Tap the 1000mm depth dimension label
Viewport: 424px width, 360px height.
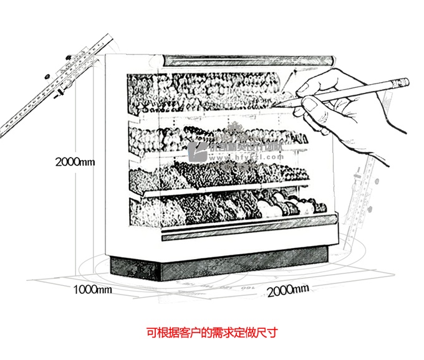click(93, 289)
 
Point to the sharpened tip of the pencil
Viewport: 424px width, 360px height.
click(280, 107)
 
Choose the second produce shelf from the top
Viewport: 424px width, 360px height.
click(212, 138)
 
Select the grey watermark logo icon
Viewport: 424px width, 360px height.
click(200, 151)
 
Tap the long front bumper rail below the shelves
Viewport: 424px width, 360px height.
click(246, 228)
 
